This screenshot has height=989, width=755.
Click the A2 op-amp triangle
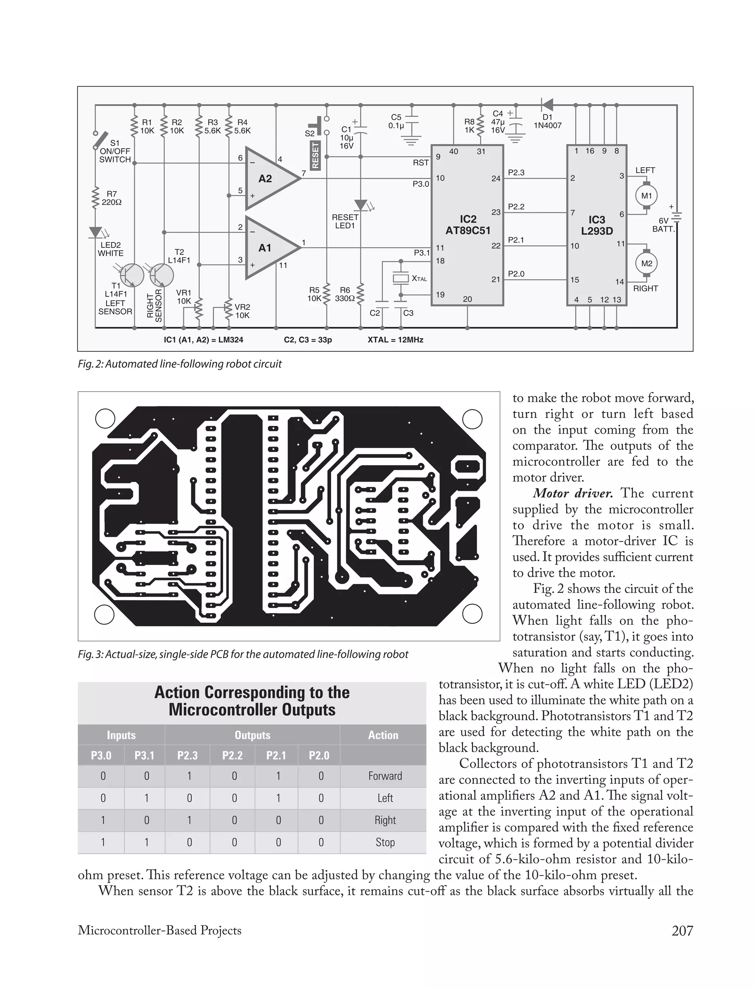(x=269, y=178)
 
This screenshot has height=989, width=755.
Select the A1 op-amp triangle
(x=269, y=248)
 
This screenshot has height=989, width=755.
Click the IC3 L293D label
(x=596, y=226)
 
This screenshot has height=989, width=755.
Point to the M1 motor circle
(x=646, y=196)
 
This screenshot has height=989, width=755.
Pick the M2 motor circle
(x=646, y=263)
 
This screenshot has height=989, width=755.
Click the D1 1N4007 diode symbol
(x=547, y=105)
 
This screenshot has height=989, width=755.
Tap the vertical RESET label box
(x=315, y=155)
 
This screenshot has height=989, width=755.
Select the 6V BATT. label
(x=663, y=224)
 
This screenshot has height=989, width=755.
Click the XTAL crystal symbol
(x=400, y=279)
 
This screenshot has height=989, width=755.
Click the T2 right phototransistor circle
(x=161, y=275)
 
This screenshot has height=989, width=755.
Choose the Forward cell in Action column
(x=385, y=776)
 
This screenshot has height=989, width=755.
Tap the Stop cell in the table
(x=385, y=842)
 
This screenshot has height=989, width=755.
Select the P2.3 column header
(x=187, y=755)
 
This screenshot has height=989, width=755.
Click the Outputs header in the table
(x=252, y=735)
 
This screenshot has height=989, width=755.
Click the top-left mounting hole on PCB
(x=105, y=419)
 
